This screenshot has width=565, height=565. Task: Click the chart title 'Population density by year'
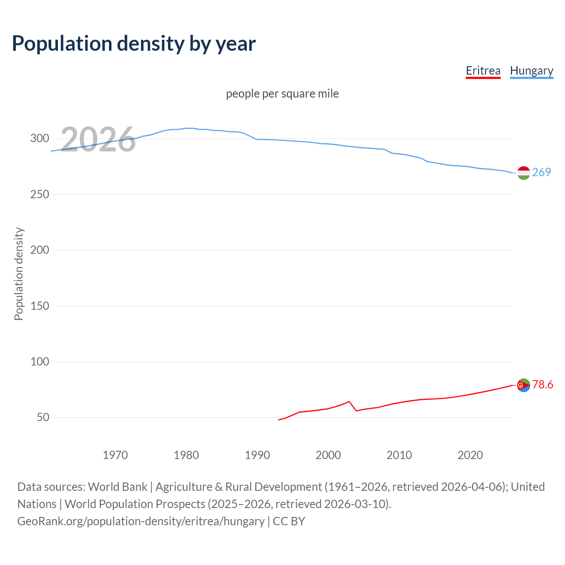(134, 43)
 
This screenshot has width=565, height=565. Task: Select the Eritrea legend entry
(483, 71)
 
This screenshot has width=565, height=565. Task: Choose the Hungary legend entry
(531, 71)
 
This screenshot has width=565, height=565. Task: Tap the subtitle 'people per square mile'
(282, 94)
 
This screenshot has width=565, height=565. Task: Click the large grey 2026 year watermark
(98, 139)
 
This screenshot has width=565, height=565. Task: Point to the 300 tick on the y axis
(39, 139)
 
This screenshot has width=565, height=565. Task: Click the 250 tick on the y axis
(39, 194)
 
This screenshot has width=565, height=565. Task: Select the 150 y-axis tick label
(39, 306)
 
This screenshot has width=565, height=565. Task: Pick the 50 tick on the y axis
(43, 418)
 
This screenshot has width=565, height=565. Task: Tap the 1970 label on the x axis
(115, 455)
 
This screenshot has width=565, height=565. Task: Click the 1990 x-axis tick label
(257, 455)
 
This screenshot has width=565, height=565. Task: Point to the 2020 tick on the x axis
(470, 455)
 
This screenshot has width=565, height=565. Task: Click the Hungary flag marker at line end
(524, 173)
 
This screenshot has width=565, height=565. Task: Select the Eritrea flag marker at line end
(524, 385)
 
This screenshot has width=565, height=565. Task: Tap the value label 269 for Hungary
(542, 172)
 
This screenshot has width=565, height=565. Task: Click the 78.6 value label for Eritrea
(542, 384)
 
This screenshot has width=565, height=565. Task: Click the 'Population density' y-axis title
(19, 274)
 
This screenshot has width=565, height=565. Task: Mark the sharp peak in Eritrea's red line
(349, 402)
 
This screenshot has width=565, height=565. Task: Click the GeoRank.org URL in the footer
(141, 521)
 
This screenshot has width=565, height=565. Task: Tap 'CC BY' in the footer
(289, 521)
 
